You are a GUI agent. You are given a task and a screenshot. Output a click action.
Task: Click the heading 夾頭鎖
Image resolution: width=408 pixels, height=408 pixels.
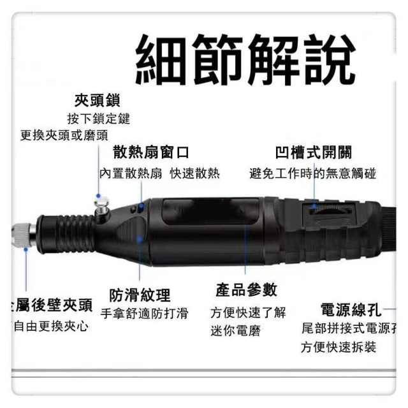(98, 101)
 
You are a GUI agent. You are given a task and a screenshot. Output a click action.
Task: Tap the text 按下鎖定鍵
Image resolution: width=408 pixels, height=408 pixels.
(98, 119)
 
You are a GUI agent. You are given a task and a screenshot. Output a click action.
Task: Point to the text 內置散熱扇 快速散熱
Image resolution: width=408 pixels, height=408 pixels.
(159, 173)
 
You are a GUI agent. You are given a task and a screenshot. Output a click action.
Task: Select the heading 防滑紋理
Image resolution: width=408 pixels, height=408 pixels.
(140, 295)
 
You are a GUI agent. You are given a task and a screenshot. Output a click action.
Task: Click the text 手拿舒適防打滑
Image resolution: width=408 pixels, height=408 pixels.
(145, 313)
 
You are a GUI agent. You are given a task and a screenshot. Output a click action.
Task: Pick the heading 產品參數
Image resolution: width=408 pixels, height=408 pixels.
(247, 290)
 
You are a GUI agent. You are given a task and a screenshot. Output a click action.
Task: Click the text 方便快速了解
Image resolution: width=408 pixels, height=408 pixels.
(248, 313)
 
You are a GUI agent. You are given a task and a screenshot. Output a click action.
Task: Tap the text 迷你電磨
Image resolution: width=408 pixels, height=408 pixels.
(235, 331)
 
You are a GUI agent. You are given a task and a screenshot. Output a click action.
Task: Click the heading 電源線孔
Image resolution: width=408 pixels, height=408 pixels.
(350, 310)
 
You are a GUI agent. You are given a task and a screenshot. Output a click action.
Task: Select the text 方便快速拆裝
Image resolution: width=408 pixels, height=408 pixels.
(339, 347)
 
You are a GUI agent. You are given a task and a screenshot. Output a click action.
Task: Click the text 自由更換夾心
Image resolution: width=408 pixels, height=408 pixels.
(51, 326)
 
